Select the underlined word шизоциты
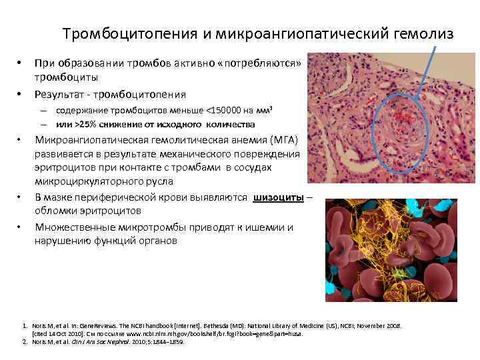279,197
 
